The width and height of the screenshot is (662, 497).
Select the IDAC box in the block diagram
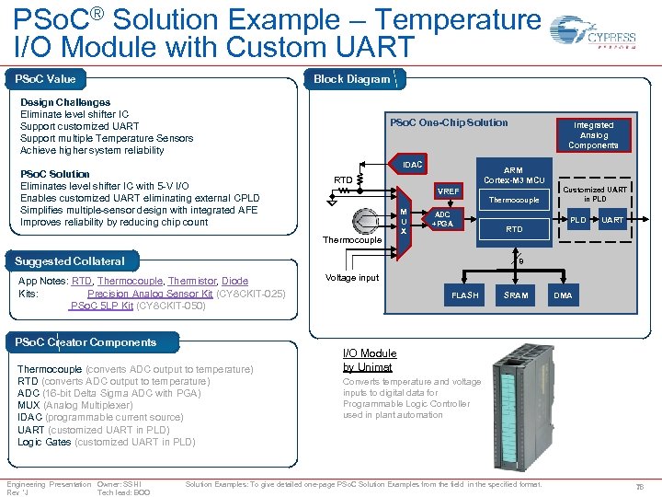[x=413, y=165]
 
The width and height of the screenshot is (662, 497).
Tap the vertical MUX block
[x=403, y=220]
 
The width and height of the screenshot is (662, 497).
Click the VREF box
[x=449, y=191]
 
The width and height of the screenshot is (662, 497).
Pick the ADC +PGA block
[x=442, y=219]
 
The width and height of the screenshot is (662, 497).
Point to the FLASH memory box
[x=464, y=295]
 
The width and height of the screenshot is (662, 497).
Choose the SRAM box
[x=516, y=295]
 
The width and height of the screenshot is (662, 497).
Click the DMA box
[x=563, y=295]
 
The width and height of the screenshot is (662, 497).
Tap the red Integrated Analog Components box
[x=593, y=135]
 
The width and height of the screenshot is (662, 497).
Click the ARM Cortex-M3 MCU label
[x=514, y=175]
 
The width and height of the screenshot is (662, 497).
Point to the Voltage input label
[x=353, y=278]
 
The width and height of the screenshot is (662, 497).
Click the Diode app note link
[x=234, y=282]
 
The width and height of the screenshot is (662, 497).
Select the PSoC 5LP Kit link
[x=102, y=306]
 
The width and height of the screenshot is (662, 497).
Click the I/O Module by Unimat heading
[x=370, y=360]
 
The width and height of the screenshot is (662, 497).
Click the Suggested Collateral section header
[x=70, y=261]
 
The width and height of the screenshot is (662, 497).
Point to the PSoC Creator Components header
[x=86, y=342]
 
